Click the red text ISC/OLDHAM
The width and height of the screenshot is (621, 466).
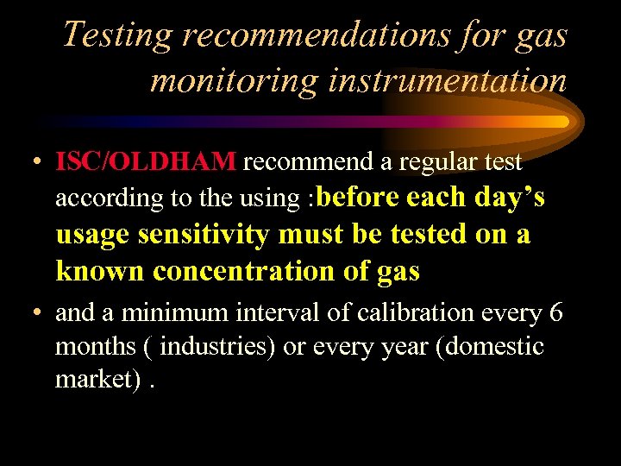(x=145, y=161)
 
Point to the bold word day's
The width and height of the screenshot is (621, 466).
(x=510, y=197)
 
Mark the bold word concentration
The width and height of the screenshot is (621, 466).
(x=258, y=271)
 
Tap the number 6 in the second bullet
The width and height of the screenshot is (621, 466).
(x=555, y=312)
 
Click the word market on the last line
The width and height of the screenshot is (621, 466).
(x=88, y=381)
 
